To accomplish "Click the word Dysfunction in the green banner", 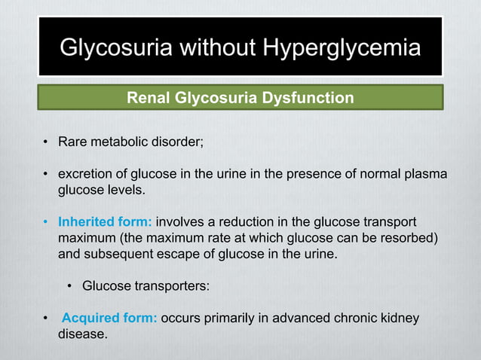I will click(310, 98).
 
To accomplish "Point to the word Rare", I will click(73, 144).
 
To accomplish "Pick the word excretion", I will click(85, 175).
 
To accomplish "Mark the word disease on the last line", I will click(81, 334).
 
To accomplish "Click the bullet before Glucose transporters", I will click(69, 286).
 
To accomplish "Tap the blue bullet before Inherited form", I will click(46, 222).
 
